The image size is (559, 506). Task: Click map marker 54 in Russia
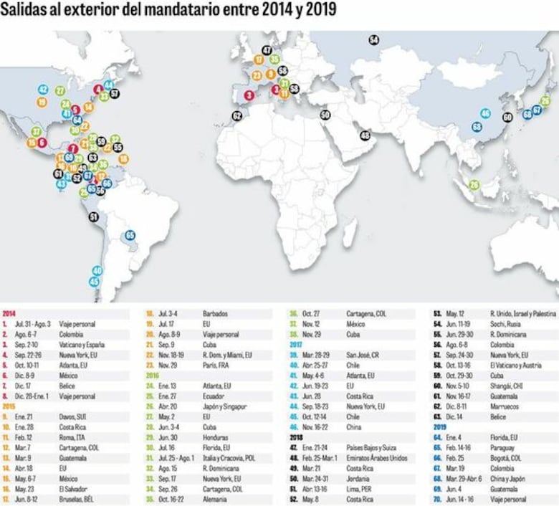tap(374, 40)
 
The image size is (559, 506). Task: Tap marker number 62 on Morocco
tap(237, 115)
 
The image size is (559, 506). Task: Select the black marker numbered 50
tap(325, 115)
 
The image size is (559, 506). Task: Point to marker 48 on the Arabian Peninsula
tap(365, 135)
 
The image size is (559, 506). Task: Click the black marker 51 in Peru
tap(93, 216)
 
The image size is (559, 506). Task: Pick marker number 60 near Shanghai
tap(507, 117)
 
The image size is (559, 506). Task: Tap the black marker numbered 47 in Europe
tap(267, 50)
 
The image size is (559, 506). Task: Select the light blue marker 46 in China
tap(486, 113)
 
